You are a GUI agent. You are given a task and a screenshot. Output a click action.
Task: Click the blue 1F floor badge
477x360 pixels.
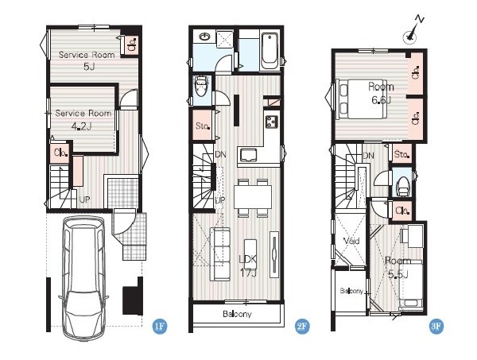pyautogui.click(x=160, y=327)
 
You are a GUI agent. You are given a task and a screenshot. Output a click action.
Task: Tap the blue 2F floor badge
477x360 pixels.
pyautogui.click(x=302, y=327)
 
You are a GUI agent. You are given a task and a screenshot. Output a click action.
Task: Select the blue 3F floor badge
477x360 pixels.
pyautogui.click(x=436, y=327)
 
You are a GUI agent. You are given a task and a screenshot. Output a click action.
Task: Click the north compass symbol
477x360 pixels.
pyautogui.click(x=413, y=31)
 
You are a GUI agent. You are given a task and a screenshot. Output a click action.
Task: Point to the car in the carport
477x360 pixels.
pyautogui.click(x=83, y=277)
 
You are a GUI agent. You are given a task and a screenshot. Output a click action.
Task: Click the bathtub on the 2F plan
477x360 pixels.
pyautogui.click(x=270, y=51)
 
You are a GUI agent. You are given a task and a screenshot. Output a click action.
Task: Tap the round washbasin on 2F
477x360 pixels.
pyautogui.click(x=204, y=37)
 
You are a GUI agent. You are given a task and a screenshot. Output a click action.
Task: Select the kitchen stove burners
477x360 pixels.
pyautogui.click(x=271, y=122)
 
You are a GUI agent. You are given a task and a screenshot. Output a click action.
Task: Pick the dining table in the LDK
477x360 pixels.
pyautogui.click(x=253, y=198)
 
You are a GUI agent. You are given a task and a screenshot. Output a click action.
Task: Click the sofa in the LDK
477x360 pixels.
pyautogui.click(x=219, y=254)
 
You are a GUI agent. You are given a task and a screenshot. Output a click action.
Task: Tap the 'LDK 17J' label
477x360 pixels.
pyautogui.click(x=248, y=266)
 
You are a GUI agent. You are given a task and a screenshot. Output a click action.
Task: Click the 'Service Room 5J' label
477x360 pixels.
pyautogui.click(x=87, y=60)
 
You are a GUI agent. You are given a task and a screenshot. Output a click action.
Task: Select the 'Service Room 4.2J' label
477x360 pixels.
pyautogui.click(x=83, y=120)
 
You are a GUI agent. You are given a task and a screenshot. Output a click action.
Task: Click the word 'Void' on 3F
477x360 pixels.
pyautogui.click(x=351, y=241)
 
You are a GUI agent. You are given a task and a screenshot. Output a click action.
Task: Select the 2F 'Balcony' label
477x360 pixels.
pyautogui.click(x=237, y=314)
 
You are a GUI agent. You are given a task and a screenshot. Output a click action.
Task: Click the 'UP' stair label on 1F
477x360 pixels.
pyautogui.click(x=84, y=199)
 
